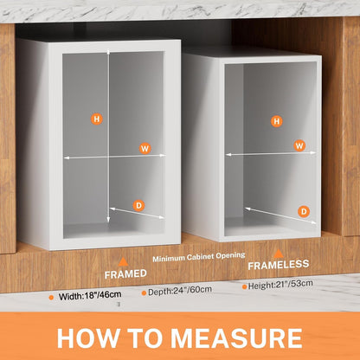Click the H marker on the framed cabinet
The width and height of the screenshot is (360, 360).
[97, 119]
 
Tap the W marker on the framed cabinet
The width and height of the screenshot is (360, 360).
[145, 149]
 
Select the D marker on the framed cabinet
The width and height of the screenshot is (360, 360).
[138, 206]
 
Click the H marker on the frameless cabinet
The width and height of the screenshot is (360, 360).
[277, 121]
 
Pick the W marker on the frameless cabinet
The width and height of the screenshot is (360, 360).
[299, 145]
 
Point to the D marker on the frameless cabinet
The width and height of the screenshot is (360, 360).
[304, 212]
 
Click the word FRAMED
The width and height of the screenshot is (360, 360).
[125, 274]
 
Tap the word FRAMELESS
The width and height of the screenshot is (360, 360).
[279, 265]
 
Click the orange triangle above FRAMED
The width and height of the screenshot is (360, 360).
[124, 261]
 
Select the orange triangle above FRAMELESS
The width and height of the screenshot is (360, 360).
[278, 254]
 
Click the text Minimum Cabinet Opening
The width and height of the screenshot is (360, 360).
[199, 257]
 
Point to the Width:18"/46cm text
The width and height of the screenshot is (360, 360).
[90, 295]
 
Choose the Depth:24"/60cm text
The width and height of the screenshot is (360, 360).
[180, 291]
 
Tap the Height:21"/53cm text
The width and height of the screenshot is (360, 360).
[280, 285]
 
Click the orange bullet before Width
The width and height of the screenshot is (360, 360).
[51, 298]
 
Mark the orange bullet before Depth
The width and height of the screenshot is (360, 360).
[144, 293]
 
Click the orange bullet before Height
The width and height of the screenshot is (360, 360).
[245, 286]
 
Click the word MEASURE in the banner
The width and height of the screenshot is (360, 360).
[236, 338]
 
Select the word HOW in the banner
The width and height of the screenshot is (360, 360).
[88, 338]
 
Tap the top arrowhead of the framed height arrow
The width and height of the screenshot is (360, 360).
[108, 52]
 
